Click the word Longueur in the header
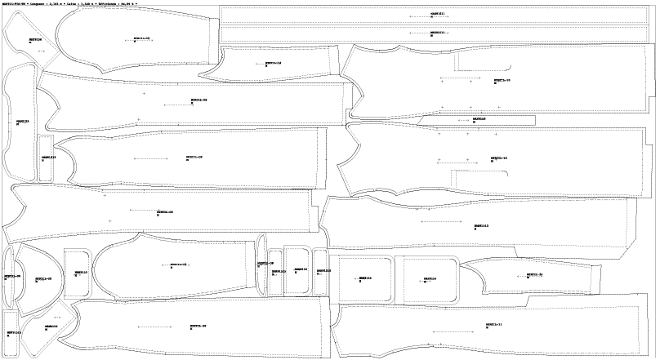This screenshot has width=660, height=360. (37, 3)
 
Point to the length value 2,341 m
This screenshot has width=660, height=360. (55, 3)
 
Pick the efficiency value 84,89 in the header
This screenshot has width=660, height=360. (127, 3)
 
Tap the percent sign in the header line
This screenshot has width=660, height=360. (136, 3)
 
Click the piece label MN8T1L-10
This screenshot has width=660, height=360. (498, 158)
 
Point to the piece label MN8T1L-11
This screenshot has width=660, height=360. (493, 324)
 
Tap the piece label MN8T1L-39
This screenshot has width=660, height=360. (502, 81)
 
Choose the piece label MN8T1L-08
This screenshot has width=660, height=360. (164, 212)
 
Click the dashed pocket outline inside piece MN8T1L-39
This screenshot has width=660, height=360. (482, 64)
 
